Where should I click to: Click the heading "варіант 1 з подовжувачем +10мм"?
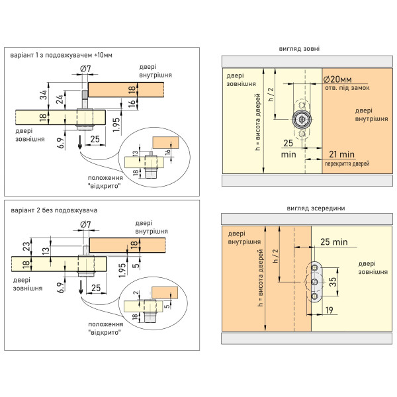click(61, 55)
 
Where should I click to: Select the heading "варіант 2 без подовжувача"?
click(54, 210)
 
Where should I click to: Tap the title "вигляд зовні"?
click(299, 48)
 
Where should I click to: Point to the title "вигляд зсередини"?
click(316, 208)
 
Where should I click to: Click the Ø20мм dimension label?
click(337, 79)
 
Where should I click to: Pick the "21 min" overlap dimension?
click(341, 154)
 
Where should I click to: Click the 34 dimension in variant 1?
click(44, 95)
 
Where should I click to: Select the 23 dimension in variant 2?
click(26, 247)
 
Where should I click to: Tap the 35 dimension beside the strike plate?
click(333, 282)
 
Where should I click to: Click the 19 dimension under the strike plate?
click(329, 310)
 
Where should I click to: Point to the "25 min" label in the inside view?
click(334, 242)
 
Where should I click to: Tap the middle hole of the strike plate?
click(314, 282)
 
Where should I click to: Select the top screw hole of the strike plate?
click(315, 267)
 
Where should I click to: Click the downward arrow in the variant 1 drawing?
click(80, 142)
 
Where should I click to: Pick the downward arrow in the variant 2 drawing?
click(81, 287)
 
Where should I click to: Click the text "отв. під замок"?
click(347, 88)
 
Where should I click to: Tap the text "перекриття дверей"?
click(347, 164)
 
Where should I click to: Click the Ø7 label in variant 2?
click(85, 224)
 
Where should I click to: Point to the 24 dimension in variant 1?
click(60, 99)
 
